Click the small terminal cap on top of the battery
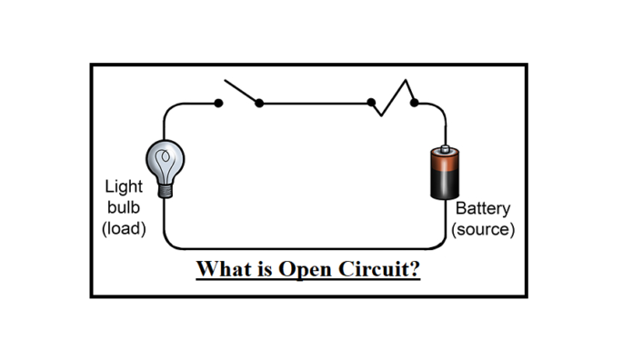click(443, 147)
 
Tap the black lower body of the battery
click(443, 185)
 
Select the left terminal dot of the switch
click(218, 103)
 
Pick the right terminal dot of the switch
click(259, 103)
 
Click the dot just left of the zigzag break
click(371, 103)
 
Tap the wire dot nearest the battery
click(414, 103)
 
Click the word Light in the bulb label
click(123, 186)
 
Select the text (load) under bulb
click(124, 228)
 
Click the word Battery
click(482, 208)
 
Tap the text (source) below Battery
click(483, 229)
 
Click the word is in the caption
click(265, 270)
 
